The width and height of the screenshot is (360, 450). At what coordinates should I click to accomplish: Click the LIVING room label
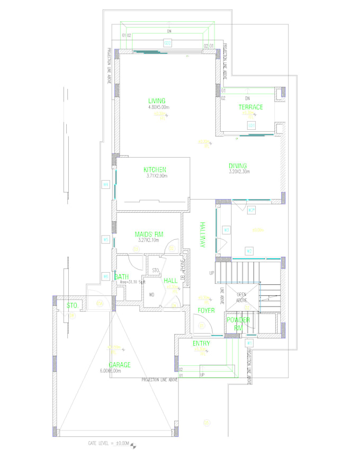point(157,101)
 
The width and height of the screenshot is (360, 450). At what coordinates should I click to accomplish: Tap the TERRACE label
point(250,107)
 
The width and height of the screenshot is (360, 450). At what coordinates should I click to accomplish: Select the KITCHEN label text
point(155,169)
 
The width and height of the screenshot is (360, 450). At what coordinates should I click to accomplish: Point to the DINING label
point(238,166)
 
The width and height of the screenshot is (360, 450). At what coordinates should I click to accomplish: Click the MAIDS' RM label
point(148,235)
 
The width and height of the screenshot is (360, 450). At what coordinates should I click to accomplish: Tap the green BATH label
point(121,276)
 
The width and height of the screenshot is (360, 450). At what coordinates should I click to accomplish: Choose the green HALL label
point(170,281)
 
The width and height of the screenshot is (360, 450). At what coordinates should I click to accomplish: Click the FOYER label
point(206,310)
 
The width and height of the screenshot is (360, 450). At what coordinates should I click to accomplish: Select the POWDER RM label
point(238,323)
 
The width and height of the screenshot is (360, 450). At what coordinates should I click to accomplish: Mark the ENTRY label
point(201,344)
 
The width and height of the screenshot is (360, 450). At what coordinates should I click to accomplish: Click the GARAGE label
point(120,365)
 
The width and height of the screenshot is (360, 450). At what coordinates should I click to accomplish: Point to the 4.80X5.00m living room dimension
point(158,107)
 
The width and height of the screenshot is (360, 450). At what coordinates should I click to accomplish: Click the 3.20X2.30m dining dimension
point(239,172)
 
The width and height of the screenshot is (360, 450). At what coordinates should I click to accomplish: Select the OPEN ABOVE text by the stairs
point(241,297)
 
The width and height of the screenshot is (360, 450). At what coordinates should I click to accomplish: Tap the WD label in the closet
point(151,295)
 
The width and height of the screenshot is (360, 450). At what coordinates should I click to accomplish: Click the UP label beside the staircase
point(212,273)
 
